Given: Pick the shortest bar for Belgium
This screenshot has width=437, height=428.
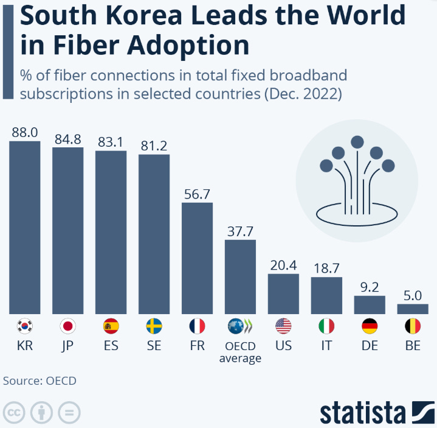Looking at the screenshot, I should [413, 309].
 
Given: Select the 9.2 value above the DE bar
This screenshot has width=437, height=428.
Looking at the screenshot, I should [370, 286].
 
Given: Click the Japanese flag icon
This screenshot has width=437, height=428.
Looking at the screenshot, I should [68, 326].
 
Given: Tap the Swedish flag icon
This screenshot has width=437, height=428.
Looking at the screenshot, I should [154, 326].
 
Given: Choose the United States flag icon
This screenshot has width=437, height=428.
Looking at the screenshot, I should [283, 326].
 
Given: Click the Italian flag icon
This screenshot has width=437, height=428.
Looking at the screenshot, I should [326, 326].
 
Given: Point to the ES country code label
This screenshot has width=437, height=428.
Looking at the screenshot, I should [111, 346].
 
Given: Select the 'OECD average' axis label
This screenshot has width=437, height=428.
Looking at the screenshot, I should [240, 352].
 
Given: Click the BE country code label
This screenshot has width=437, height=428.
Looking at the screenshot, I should [413, 346].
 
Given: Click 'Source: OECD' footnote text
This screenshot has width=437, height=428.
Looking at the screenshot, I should [40, 381].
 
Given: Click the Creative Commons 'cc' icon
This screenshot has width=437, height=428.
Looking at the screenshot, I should [14, 413].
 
